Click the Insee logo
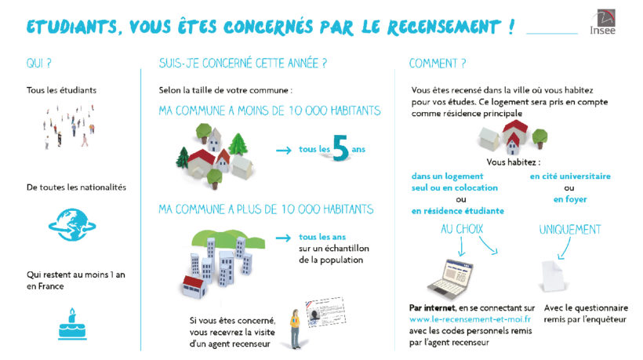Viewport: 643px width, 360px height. pyautogui.click(x=603, y=22)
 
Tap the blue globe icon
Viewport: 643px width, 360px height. pyautogui.click(x=72, y=224)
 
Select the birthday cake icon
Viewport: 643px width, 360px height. pyautogui.click(x=72, y=324)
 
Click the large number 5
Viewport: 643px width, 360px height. pyautogui.click(x=341, y=148)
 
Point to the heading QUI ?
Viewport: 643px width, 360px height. pyautogui.click(x=39, y=64)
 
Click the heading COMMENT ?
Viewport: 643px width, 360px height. pyautogui.click(x=438, y=64)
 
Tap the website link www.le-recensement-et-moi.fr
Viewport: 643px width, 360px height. pyautogui.click(x=470, y=319)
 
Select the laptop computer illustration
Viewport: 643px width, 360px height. pyautogui.click(x=450, y=278)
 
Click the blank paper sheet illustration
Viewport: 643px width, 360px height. pyautogui.click(x=553, y=276)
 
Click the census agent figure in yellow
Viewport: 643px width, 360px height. pyautogui.click(x=295, y=329)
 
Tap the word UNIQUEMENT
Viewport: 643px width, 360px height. pyautogui.click(x=570, y=230)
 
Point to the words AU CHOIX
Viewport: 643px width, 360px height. pyautogui.click(x=462, y=229)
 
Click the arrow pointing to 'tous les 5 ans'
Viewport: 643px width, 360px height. pyautogui.click(x=284, y=151)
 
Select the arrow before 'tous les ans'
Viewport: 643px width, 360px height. pyautogui.click(x=283, y=238)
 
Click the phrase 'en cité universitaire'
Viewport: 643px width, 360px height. pyautogui.click(x=570, y=176)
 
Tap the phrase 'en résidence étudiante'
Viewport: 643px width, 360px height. pyautogui.click(x=458, y=211)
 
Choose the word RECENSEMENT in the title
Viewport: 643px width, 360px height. pyautogui.click(x=444, y=27)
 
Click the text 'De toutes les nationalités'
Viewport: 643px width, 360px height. pyautogui.click(x=76, y=187)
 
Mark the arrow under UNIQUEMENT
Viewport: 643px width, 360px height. pyautogui.click(x=565, y=249)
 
